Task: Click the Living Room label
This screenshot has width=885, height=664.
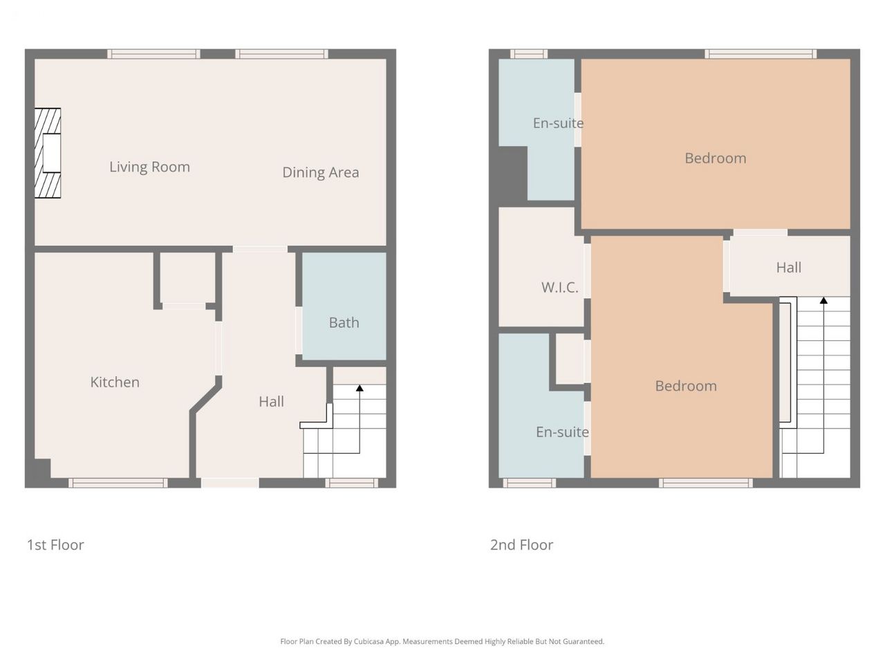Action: [x=149, y=167]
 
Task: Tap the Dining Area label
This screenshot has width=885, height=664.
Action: [x=321, y=172]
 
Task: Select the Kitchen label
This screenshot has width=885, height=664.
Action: [x=115, y=382]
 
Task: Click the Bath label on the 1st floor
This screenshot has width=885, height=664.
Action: [x=344, y=322]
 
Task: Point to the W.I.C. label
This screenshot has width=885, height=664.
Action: [x=559, y=288]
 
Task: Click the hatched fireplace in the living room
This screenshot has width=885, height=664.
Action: [x=48, y=153]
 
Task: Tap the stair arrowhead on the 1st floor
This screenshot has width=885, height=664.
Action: [x=360, y=388]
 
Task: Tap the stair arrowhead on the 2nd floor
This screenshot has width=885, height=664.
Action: [x=823, y=300]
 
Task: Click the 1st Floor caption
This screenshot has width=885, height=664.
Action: [x=55, y=545]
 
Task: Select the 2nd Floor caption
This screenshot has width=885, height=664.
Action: [x=522, y=545]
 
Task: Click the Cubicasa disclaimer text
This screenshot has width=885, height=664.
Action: [x=442, y=641]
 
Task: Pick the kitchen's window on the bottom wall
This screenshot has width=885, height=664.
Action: [x=118, y=483]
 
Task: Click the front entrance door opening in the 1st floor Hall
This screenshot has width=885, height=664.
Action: [x=230, y=483]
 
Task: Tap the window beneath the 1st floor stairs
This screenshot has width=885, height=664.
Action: [x=352, y=483]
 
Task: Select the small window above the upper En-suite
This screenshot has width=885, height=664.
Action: [x=529, y=54]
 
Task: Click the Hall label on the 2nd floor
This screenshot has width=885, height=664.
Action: [x=789, y=268]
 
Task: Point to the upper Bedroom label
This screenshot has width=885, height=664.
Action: [x=716, y=158]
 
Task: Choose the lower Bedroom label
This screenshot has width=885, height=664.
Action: [x=686, y=386]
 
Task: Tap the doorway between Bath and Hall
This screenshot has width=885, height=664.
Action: [x=299, y=331]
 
